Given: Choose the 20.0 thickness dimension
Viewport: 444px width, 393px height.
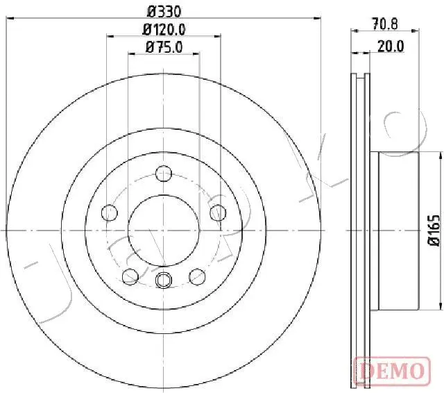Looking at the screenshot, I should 391,47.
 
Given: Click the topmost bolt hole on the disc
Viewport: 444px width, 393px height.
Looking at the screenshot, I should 164,173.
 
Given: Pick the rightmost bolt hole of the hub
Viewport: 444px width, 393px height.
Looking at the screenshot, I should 216,211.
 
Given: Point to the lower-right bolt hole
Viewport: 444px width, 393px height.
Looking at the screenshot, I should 197,278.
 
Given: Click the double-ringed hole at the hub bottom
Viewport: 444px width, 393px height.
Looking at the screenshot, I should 164,279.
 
